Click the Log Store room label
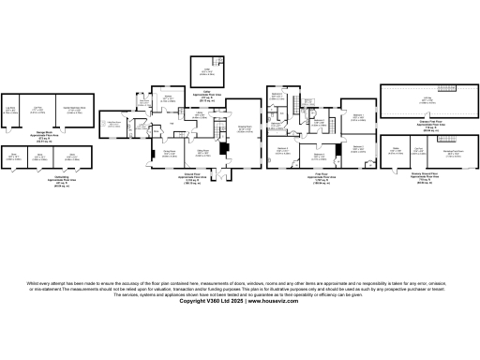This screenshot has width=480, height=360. (12, 110)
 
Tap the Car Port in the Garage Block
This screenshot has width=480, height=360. (38, 110)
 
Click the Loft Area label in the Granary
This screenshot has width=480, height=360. (427, 98)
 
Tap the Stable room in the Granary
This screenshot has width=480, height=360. (396, 149)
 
